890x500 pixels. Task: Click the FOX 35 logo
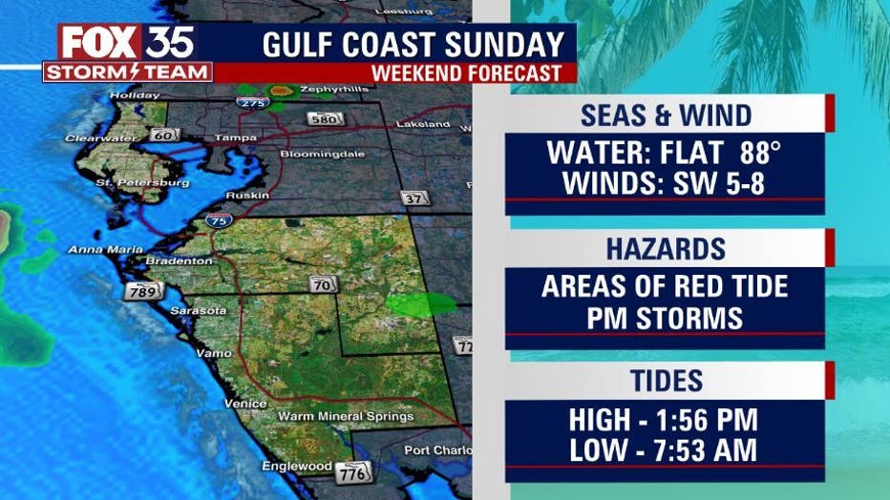127,43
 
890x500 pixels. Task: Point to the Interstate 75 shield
218,220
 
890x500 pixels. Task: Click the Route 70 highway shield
322,283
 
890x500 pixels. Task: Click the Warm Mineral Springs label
346,416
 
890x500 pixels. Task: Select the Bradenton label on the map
179,260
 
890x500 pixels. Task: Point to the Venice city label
245,403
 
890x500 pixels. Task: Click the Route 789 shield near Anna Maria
141,291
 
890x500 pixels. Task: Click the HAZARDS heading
665,250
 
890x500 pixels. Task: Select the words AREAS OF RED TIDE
665,286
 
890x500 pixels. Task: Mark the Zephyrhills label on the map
307,90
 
